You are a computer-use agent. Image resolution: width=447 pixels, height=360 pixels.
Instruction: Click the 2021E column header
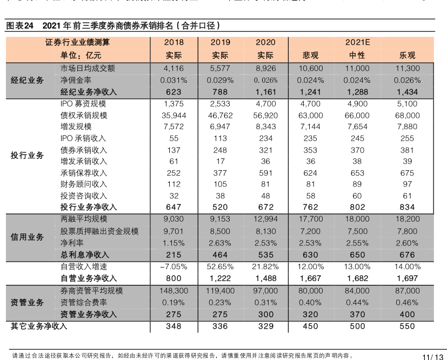358,42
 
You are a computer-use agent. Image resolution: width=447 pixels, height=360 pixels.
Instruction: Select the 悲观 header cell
311,55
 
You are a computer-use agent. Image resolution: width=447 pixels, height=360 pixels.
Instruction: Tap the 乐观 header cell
407,55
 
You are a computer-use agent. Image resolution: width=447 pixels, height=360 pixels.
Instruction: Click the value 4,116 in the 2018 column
174,69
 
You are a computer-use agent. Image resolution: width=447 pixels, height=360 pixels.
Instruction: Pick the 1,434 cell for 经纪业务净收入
407,92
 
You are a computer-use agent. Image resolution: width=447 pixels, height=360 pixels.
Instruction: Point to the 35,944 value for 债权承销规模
174,115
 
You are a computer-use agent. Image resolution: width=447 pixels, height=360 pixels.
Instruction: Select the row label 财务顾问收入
84,184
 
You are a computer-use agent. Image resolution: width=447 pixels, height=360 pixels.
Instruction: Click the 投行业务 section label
28,155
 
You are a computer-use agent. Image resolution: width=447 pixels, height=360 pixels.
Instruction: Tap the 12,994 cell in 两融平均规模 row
265,219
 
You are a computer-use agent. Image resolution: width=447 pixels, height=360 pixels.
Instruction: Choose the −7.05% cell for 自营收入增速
174,266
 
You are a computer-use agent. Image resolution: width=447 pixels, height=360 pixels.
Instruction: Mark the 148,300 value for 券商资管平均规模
174,291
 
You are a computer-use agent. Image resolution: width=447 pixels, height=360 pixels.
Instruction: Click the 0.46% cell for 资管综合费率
407,302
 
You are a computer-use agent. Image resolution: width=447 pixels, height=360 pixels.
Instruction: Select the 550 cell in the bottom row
407,326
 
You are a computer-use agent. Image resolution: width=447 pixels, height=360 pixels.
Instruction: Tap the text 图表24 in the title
20,25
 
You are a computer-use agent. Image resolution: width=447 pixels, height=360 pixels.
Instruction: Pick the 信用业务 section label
28,237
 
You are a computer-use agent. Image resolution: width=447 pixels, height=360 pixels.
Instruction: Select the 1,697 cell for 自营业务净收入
407,278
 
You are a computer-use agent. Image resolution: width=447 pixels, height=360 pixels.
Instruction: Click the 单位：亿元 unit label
81,55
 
